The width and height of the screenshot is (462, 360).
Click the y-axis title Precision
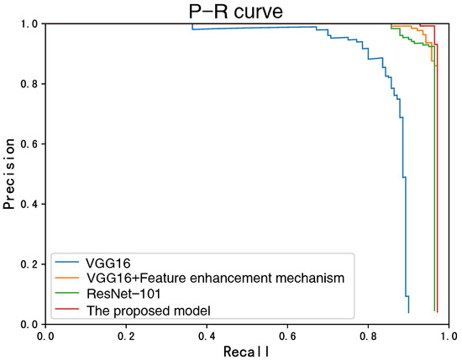(10, 174)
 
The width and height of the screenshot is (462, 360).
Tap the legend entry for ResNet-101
(122, 294)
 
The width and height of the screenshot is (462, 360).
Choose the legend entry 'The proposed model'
(147, 310)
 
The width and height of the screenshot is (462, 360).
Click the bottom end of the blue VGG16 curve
(408, 312)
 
